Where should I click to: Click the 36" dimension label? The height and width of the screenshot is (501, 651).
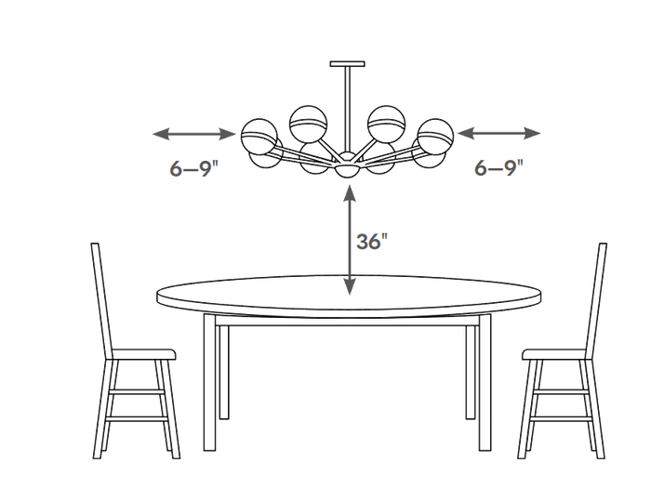pos(372,241)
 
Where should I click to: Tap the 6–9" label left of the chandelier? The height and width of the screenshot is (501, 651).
pos(193,168)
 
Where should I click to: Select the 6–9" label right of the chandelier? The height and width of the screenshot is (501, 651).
pos(498,167)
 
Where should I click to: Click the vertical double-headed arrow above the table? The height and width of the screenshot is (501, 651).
pos(350,240)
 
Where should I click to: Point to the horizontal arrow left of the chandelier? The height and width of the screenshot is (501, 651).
pos(193,134)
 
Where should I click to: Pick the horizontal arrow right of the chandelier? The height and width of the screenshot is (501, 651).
pos(498,134)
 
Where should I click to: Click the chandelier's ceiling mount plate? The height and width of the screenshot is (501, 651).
pos(348,64)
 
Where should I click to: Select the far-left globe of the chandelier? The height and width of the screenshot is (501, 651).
pos(259,137)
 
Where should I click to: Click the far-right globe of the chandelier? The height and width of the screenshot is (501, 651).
pos(435,136)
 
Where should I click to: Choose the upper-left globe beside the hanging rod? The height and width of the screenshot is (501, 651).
pos(308,125)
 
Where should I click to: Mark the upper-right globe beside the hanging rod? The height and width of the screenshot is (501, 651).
pos(386,124)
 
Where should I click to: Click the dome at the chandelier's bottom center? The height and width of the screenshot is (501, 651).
pos(347,170)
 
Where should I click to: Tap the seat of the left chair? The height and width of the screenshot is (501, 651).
pos(143,354)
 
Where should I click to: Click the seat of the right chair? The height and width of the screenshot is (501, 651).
pos(554,354)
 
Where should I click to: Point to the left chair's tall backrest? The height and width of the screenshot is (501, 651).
pos(100,300)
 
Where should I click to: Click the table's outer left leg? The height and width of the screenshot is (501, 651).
pos(209,382)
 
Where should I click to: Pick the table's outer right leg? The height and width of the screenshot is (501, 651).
pos(485,382)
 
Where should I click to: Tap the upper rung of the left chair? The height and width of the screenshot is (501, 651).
pos(137,391)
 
